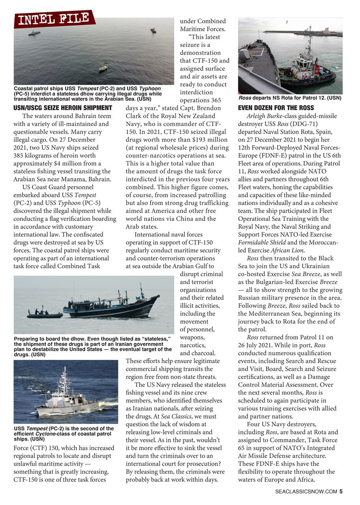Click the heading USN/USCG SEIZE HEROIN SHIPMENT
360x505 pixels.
pos(63,108)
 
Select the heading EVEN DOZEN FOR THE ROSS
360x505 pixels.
pos(276,108)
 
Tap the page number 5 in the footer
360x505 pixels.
pos(341,491)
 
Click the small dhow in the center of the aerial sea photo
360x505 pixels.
pos(103,68)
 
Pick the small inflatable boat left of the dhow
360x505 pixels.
pos(44,314)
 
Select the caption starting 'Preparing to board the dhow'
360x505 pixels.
pos(93,346)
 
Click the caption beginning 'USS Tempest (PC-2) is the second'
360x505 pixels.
pos(63,433)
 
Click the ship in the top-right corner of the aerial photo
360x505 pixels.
pos(153,30)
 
